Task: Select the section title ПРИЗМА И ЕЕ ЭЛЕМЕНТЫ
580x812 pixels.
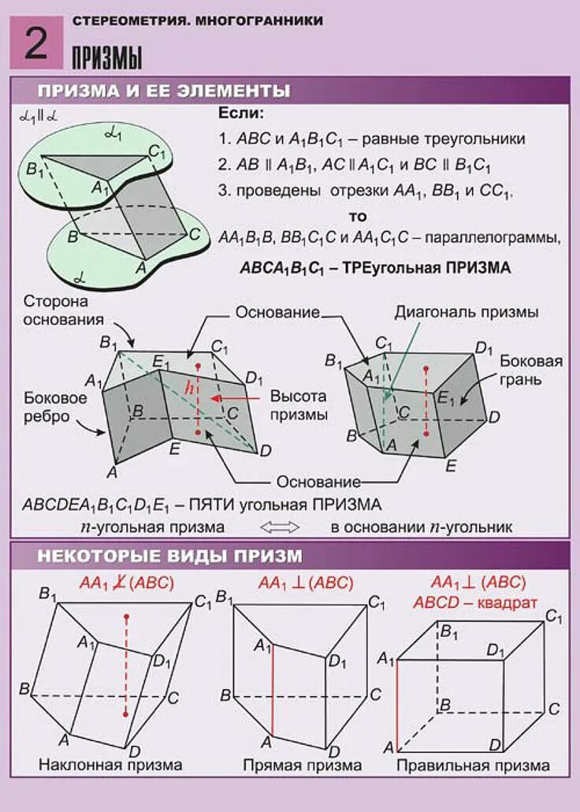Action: (164, 90)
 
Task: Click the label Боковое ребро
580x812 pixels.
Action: (54, 408)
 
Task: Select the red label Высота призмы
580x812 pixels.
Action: (297, 404)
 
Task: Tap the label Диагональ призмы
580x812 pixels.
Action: (467, 312)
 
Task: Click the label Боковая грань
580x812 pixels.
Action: (531, 370)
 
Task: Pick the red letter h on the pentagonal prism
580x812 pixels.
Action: (188, 388)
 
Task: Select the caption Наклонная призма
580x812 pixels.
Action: (110, 765)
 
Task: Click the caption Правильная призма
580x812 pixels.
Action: (473, 765)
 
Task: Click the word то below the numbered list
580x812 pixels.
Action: (358, 216)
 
